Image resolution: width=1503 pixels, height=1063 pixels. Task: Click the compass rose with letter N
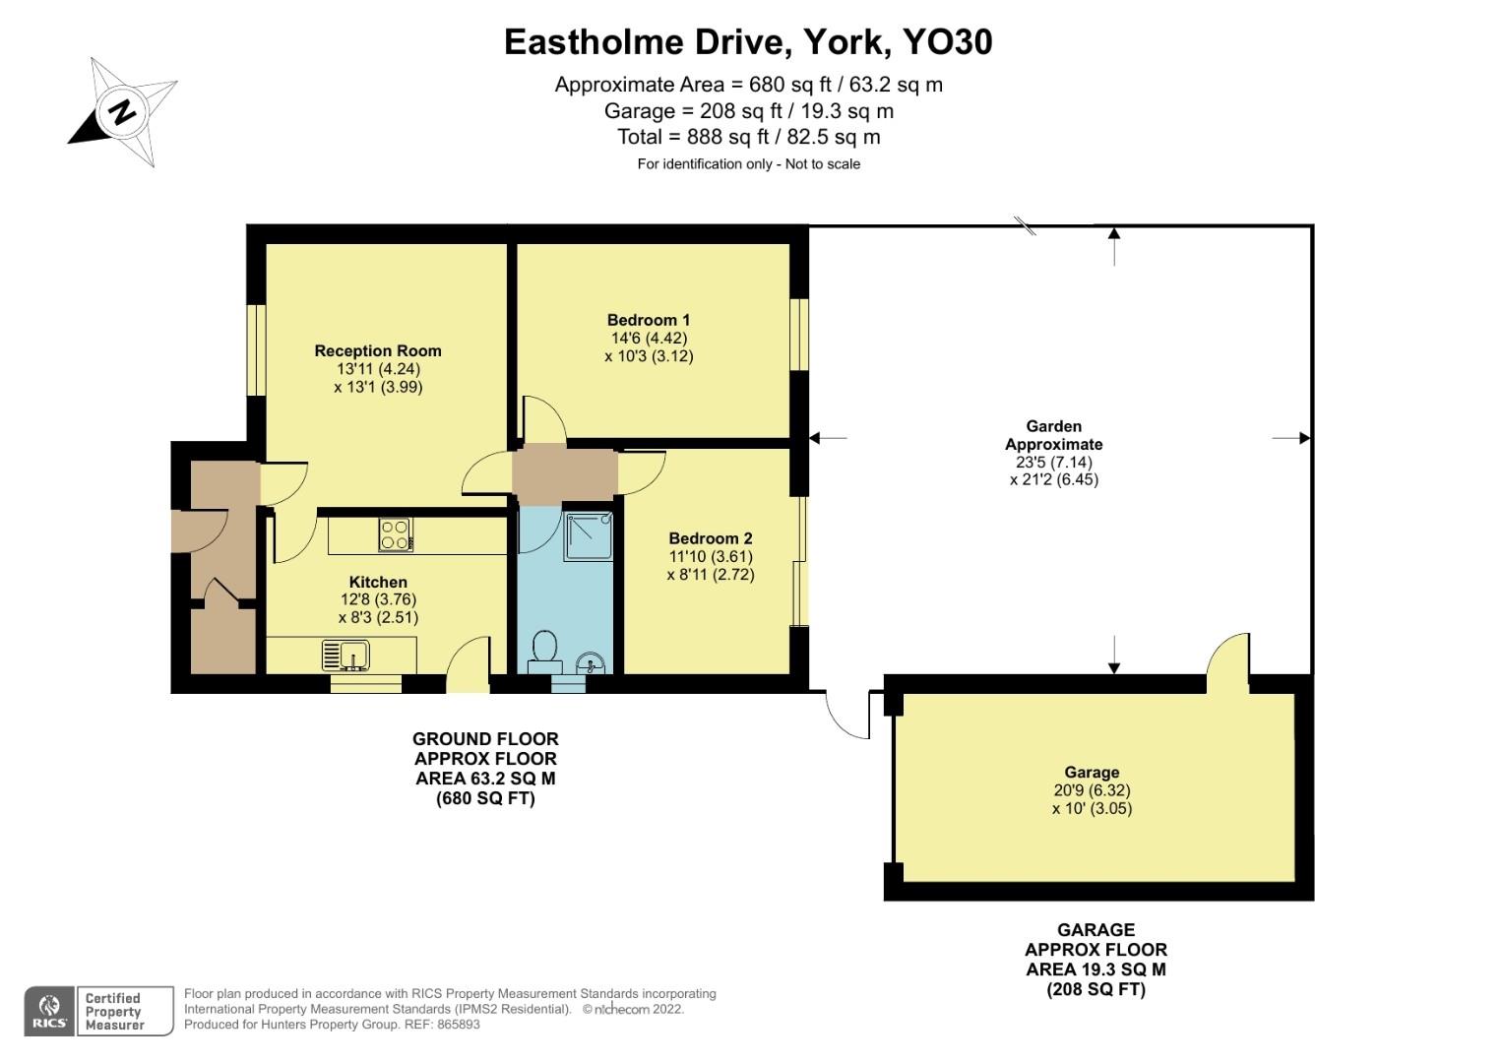(123, 111)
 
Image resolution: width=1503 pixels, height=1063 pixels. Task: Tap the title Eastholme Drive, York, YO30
(748, 41)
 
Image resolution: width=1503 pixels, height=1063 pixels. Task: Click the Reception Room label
(378, 350)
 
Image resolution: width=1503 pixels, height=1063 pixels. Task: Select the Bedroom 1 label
(649, 320)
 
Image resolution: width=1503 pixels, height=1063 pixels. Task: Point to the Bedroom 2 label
(710, 538)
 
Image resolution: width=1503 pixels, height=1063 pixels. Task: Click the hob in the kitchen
(396, 534)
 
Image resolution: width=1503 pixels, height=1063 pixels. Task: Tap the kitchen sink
(345, 655)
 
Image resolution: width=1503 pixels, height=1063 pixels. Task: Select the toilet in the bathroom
(542, 651)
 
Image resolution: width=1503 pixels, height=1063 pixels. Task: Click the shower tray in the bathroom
(589, 535)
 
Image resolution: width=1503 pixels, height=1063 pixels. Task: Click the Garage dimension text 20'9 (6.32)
(1092, 790)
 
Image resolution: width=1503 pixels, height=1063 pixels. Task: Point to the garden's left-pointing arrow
(827, 438)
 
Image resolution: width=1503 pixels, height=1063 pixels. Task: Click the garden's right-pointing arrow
(1291, 438)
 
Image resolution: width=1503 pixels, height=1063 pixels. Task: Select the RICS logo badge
(49, 1011)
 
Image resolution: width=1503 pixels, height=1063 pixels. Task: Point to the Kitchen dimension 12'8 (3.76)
(378, 599)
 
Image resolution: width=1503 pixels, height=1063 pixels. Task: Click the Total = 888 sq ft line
(748, 137)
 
